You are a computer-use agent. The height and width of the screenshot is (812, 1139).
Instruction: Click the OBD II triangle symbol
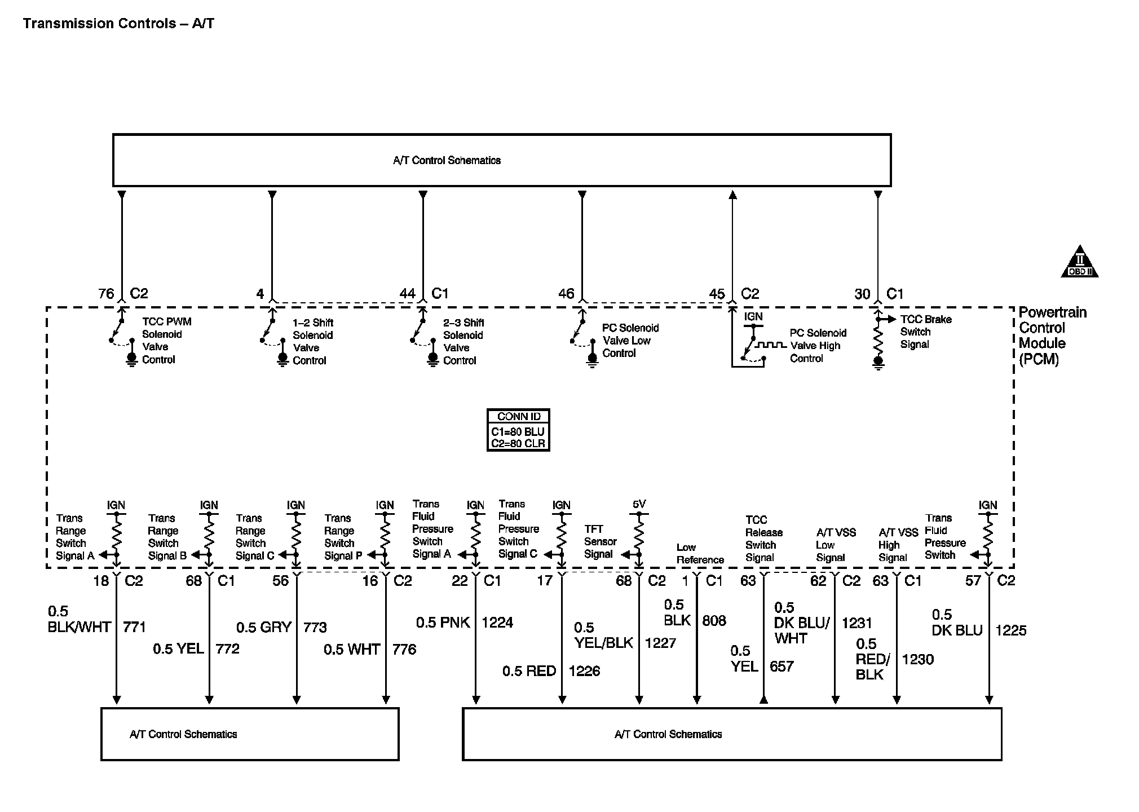pyautogui.click(x=1079, y=263)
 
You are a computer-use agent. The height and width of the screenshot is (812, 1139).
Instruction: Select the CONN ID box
pyautogui.click(x=518, y=430)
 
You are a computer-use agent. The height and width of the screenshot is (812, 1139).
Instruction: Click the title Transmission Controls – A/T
pyautogui.click(x=118, y=24)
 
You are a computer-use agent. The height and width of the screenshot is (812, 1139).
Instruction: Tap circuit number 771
pyautogui.click(x=134, y=626)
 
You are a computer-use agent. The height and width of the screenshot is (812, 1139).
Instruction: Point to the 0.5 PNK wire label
pyautogui.click(x=443, y=623)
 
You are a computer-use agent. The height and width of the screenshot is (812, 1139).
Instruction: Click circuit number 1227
pyautogui.click(x=660, y=643)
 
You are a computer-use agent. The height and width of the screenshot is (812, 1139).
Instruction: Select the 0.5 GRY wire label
pyautogui.click(x=263, y=627)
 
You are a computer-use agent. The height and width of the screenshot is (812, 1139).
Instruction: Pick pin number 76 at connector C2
pyautogui.click(x=106, y=294)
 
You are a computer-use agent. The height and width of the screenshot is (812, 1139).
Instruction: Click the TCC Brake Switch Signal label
pyautogui.click(x=925, y=332)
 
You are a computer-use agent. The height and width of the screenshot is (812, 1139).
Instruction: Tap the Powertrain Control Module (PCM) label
pyautogui.click(x=1052, y=336)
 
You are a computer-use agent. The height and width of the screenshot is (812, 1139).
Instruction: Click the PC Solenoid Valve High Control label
pyautogui.click(x=817, y=346)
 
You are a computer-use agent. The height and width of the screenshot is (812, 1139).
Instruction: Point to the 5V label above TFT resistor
pyautogui.click(x=639, y=504)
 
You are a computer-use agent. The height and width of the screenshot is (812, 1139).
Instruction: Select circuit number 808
pyautogui.click(x=714, y=621)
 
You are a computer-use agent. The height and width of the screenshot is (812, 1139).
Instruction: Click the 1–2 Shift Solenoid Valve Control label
pyautogui.click(x=312, y=342)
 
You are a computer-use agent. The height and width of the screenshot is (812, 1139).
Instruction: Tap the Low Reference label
pyautogui.click(x=699, y=554)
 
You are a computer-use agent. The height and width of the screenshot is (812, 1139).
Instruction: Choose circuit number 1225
pyautogui.click(x=1010, y=630)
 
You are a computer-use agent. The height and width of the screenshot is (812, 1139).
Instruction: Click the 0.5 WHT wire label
pyautogui.click(x=351, y=650)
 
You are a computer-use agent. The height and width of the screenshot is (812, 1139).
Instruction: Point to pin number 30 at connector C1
pyautogui.click(x=862, y=294)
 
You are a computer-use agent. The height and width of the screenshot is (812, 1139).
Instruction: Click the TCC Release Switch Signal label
pyautogui.click(x=763, y=539)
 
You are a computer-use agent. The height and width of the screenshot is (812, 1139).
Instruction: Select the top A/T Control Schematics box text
pyautogui.click(x=447, y=161)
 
